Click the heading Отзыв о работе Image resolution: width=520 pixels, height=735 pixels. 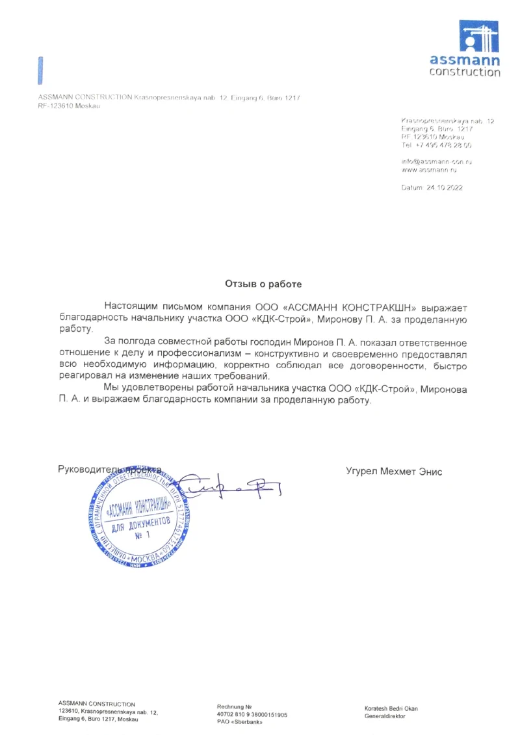[x=263, y=284]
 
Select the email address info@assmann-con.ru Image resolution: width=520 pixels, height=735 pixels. [x=437, y=160]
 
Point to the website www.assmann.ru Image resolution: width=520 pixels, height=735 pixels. [x=430, y=169]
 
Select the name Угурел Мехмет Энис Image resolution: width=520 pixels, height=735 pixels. [x=394, y=472]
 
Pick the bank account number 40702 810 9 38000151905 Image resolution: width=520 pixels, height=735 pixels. [x=252, y=714]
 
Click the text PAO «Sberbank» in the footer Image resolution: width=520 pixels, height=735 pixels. [x=235, y=723]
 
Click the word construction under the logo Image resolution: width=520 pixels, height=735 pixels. [x=465, y=72]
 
